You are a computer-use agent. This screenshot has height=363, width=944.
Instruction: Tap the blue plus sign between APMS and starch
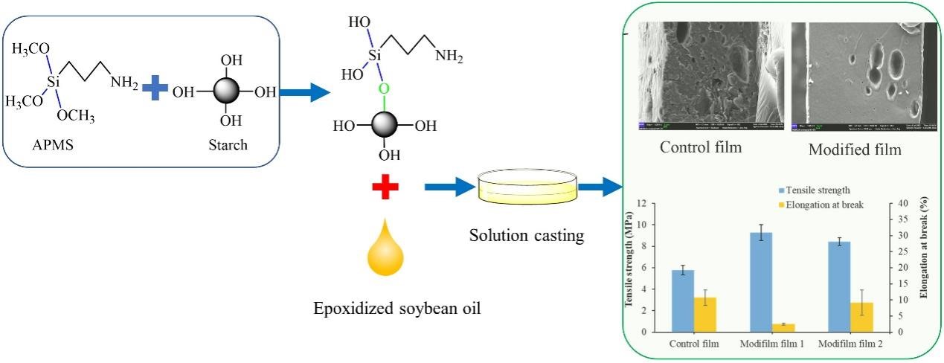pos(155,90)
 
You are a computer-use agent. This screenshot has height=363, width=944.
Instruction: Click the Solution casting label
pos(526,237)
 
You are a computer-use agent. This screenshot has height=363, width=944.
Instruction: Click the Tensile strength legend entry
pos(815,190)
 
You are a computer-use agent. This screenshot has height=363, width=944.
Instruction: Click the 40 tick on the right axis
pos(897,204)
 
